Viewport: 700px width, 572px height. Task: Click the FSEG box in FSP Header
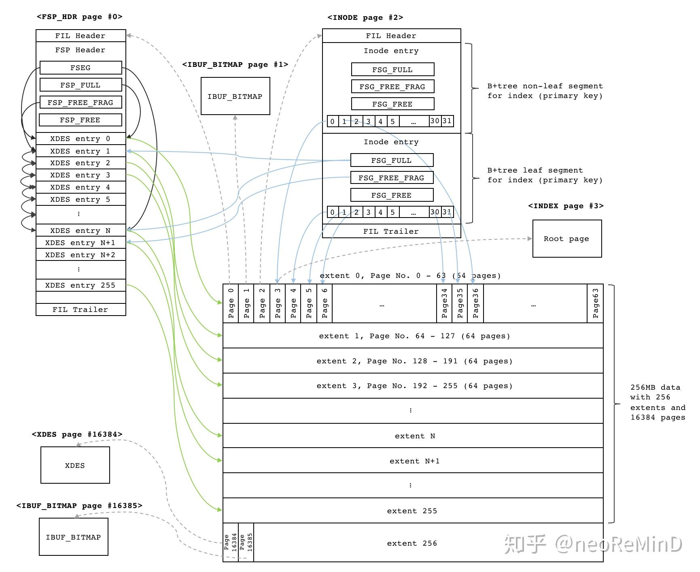coord(81,68)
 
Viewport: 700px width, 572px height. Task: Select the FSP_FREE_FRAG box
coord(81,102)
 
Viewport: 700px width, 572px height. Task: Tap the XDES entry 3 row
coord(81,175)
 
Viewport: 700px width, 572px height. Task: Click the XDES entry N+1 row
coord(81,243)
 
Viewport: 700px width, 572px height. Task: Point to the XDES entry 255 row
coord(81,285)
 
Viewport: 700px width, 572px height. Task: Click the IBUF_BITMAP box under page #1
coord(235,96)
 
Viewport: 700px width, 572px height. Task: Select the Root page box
coord(566,239)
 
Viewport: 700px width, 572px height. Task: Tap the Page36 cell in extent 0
coord(475,303)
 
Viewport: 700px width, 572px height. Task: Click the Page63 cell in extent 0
coord(595,303)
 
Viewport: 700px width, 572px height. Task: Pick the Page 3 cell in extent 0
coord(278,303)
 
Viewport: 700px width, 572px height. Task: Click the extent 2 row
coord(413,361)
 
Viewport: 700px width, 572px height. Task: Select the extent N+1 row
coord(413,461)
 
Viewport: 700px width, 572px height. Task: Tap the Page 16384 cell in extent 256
coord(231,542)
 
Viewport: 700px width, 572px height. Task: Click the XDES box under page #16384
coord(75,465)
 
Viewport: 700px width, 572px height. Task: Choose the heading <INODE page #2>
coord(365,17)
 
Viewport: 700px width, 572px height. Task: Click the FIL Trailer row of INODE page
coord(391,231)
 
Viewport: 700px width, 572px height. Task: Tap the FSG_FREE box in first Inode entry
coord(392,104)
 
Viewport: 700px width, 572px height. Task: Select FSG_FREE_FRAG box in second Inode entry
coord(391,178)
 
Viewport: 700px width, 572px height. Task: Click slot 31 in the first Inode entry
coord(447,121)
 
